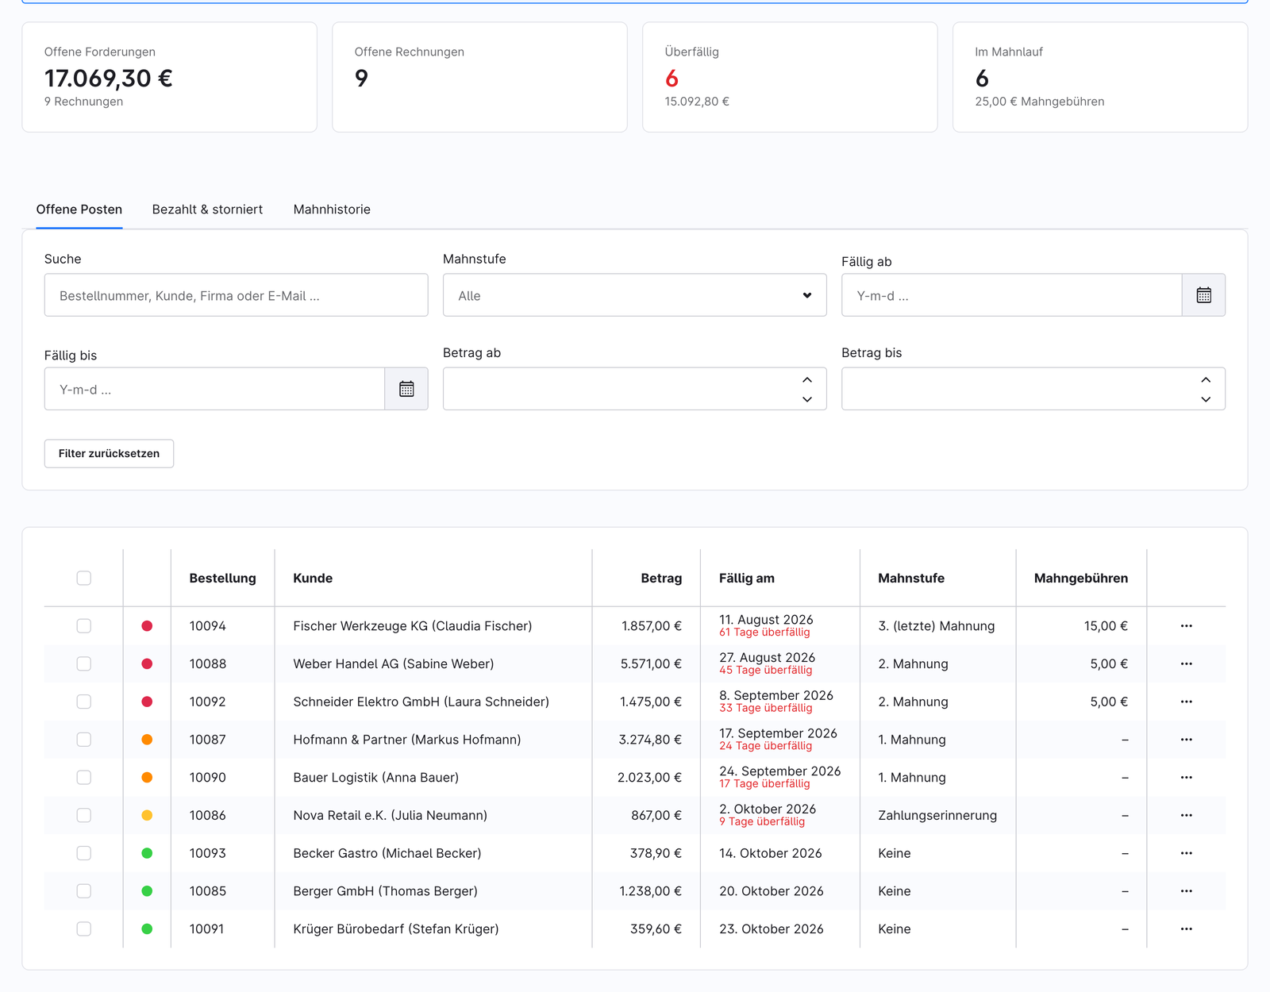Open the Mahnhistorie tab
click(331, 210)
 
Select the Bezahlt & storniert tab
click(207, 210)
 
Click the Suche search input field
click(236, 295)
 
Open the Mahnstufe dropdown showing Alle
click(635, 295)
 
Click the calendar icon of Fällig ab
click(1203, 295)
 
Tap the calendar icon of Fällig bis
click(406, 389)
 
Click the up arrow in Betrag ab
click(807, 380)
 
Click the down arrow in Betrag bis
click(1206, 399)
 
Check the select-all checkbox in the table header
click(84, 578)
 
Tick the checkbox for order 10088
click(84, 663)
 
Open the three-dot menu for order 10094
click(1186, 625)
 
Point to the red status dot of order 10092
click(148, 702)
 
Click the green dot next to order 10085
click(148, 891)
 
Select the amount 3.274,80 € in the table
click(650, 740)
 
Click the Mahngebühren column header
click(1080, 578)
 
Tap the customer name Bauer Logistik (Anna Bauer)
click(375, 778)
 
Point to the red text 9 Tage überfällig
click(761, 821)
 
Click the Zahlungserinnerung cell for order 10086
click(937, 815)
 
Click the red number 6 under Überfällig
click(672, 79)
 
